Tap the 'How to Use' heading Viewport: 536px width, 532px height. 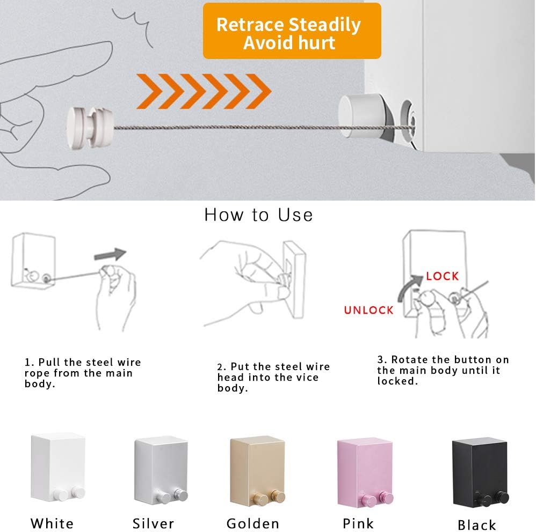coord(258,215)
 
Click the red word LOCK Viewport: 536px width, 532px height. coord(442,276)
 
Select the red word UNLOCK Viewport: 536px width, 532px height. coord(369,310)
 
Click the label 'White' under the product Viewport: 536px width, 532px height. coord(52,523)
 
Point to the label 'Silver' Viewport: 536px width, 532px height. coord(154,523)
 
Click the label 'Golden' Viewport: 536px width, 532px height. coord(253,523)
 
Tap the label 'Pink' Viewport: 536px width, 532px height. coord(359,523)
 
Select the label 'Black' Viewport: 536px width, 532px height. coord(477,524)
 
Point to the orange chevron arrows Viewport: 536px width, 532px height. coord(202,90)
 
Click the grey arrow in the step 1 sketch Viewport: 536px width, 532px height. coord(110,254)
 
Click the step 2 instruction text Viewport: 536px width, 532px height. coord(273,377)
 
